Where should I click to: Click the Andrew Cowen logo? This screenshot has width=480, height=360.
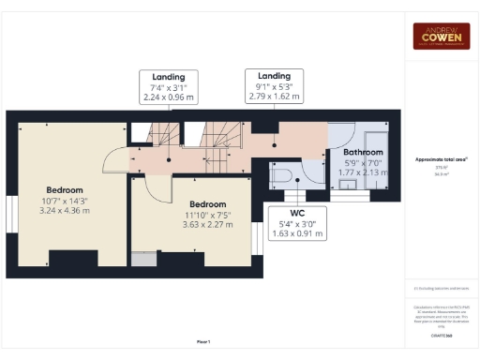[x=441, y=36]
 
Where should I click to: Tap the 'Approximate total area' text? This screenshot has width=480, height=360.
[x=440, y=159]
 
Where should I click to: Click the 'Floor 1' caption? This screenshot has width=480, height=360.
[x=203, y=341]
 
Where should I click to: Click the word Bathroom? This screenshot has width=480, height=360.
[x=362, y=152]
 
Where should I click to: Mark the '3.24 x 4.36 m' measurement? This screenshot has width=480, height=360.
[x=66, y=211]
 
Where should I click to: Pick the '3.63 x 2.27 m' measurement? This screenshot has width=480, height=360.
[x=207, y=225]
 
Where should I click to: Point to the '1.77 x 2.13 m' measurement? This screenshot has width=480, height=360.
[x=362, y=172]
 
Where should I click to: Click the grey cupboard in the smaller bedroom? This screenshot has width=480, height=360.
[x=145, y=259]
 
